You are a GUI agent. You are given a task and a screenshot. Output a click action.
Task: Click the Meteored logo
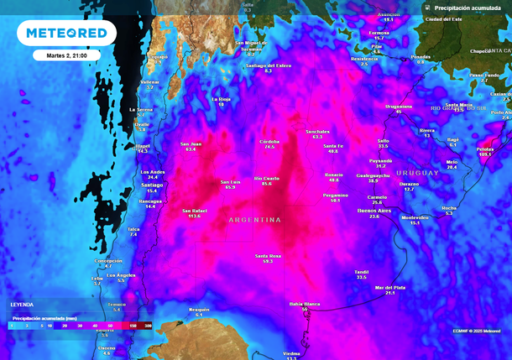(66, 33)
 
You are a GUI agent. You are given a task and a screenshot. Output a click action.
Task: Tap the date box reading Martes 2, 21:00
(66, 55)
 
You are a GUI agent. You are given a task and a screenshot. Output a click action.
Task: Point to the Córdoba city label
(269, 141)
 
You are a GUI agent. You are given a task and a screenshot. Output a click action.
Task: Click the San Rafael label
(194, 210)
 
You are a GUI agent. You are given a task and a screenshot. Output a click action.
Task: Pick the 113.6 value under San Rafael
(194, 216)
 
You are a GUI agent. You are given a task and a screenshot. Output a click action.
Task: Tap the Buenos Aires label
(374, 211)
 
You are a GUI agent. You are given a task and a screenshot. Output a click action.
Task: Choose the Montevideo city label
(415, 217)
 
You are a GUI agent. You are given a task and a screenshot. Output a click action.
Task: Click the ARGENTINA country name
(254, 220)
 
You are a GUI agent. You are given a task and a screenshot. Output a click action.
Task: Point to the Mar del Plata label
(389, 287)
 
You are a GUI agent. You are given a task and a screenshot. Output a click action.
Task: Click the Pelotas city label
(485, 149)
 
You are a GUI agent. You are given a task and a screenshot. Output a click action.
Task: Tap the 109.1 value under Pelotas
(485, 154)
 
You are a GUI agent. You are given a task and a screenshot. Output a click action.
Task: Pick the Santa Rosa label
(268, 255)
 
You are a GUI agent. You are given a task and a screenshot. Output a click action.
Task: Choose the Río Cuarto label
(266, 178)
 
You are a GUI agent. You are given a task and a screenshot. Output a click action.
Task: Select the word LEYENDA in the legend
(22, 304)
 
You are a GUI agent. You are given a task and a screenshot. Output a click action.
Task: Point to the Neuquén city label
(199, 309)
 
